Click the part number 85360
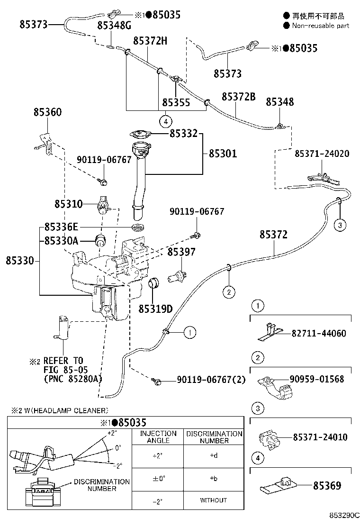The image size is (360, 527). point(47,112)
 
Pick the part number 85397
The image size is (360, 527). point(181,252)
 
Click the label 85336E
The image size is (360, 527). point(61,227)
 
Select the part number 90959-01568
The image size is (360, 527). point(316,379)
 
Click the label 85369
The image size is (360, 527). point(326,485)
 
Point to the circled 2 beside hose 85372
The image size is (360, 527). point(228,292)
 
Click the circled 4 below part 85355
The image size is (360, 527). point(165,121)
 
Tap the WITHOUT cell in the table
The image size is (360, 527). point(213,500)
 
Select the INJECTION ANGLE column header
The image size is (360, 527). point(158,437)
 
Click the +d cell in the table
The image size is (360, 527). point(213,456)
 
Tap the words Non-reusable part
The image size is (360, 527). point(320,26)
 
